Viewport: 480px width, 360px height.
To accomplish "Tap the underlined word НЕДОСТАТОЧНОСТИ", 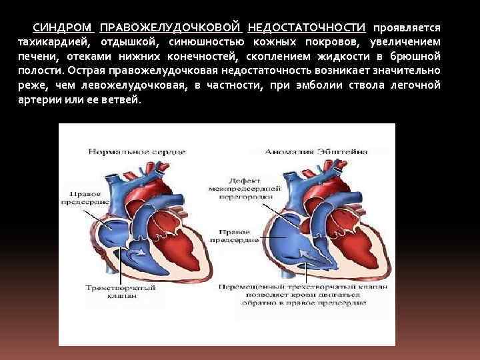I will (x=306, y=28).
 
